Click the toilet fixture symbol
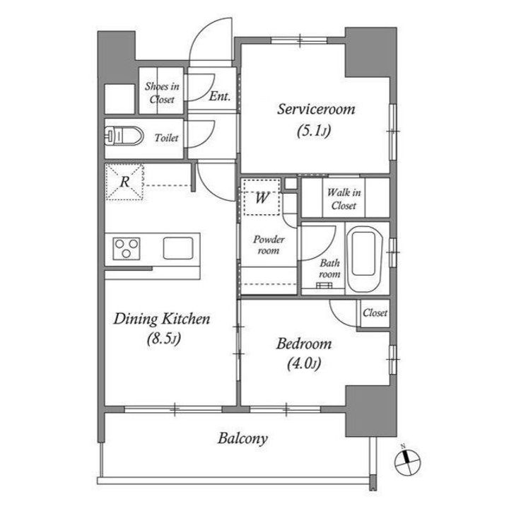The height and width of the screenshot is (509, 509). (124, 136)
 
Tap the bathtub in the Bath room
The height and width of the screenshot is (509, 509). (364, 259)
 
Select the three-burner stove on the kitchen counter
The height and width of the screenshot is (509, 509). (127, 249)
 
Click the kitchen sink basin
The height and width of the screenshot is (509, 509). (178, 248)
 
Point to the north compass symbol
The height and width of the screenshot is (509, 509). (407, 461)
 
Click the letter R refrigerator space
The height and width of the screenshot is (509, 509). (124, 182)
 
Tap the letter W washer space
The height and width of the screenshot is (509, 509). (262, 197)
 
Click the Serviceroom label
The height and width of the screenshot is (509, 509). (316, 109)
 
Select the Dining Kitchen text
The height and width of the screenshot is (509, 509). (162, 319)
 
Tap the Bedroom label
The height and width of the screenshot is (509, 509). (304, 344)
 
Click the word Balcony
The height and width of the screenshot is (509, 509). (242, 438)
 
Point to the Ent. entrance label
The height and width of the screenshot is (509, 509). (220, 96)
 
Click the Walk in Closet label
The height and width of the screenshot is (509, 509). (344, 199)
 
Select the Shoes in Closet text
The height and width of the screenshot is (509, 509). (162, 93)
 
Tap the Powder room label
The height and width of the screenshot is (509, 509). (269, 245)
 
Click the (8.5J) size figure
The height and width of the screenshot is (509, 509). (163, 339)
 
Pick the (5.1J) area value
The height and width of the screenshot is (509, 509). (314, 131)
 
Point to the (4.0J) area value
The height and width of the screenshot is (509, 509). (304, 363)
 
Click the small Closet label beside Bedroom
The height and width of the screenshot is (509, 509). (375, 312)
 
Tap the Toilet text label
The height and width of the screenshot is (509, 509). (167, 138)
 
